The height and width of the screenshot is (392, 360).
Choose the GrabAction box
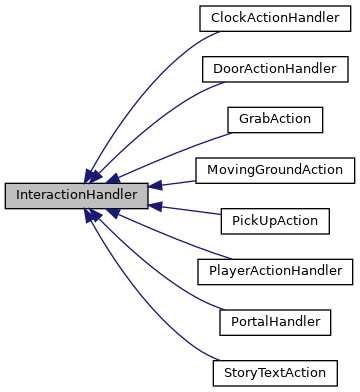pyautogui.click(x=274, y=119)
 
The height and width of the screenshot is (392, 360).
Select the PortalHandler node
pyautogui.click(x=274, y=322)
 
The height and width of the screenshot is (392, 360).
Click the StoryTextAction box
pyautogui.click(x=274, y=373)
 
